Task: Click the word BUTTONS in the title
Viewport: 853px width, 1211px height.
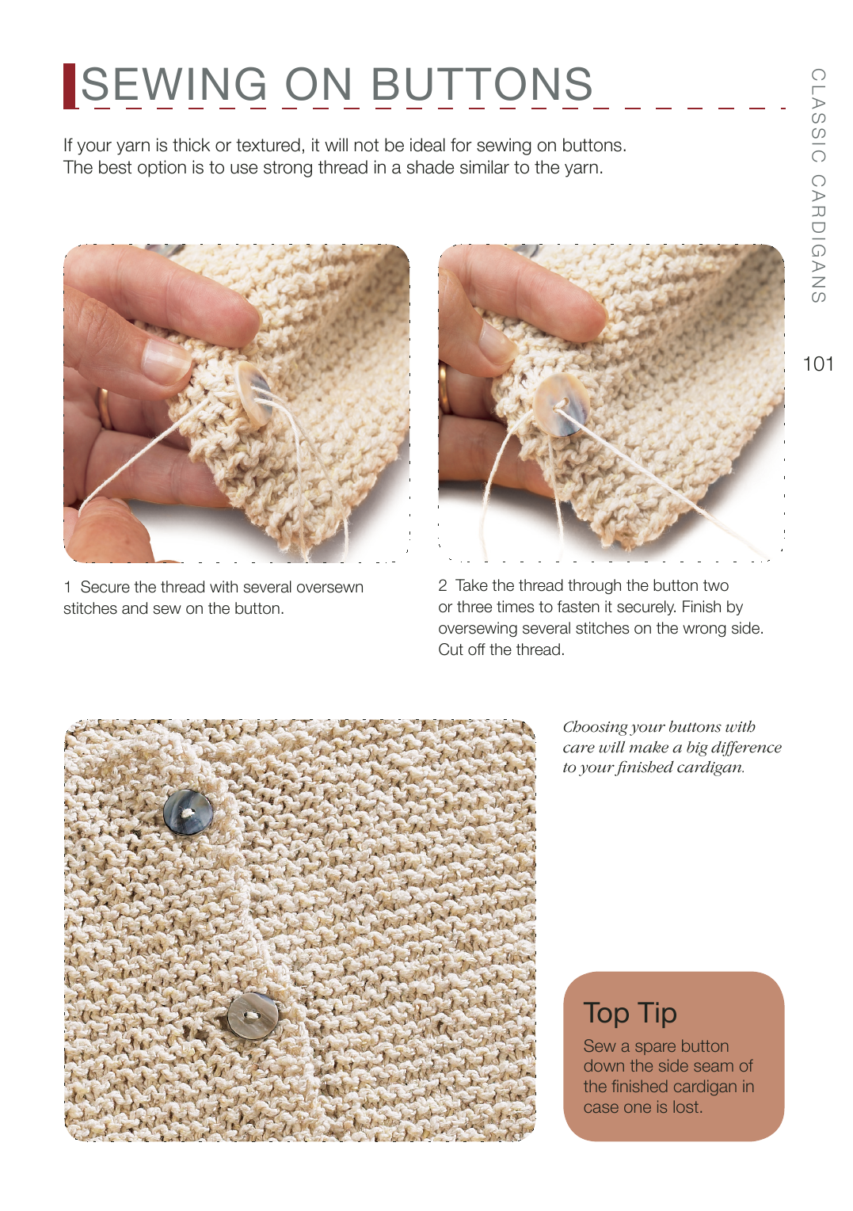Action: point(482,84)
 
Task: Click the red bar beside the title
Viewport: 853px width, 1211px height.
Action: point(69,86)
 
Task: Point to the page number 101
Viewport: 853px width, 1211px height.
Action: point(818,364)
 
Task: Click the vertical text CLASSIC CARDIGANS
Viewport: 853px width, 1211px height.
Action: point(818,185)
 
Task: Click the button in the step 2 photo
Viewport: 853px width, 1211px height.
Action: point(562,404)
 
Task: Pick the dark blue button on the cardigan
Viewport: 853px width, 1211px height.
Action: point(188,812)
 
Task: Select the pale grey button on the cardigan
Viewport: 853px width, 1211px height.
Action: point(253,1016)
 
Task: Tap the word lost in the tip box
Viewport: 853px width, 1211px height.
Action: point(687,1107)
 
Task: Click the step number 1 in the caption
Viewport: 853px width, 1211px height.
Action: point(67,587)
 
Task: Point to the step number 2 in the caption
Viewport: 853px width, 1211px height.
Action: point(443,585)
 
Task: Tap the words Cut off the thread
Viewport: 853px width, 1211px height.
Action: point(501,649)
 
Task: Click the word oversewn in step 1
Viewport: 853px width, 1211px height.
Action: point(329,587)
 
